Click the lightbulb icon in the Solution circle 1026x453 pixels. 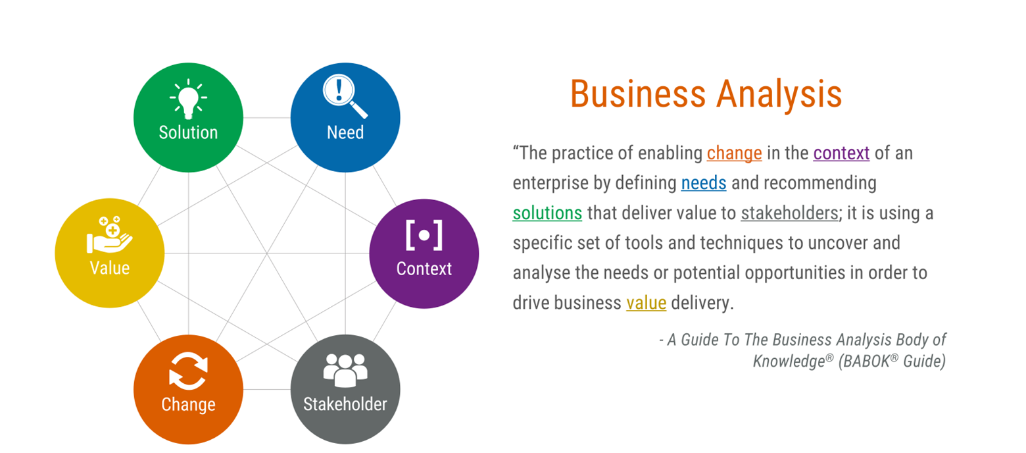pyautogui.click(x=188, y=99)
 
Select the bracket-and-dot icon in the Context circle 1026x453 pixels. pyautogui.click(x=424, y=235)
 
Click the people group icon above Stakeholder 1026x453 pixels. pyautogui.click(x=345, y=370)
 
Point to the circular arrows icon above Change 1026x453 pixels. pyautogui.click(x=188, y=371)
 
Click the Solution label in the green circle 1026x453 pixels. pyautogui.click(x=188, y=132)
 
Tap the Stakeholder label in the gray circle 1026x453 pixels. pyautogui.click(x=345, y=404)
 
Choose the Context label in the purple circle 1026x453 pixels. pyautogui.click(x=424, y=269)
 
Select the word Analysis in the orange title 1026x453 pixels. pyautogui.click(x=779, y=94)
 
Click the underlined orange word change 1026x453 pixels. pyautogui.click(x=734, y=153)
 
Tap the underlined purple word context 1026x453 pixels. pyautogui.click(x=841, y=153)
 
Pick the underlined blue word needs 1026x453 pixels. pyautogui.click(x=704, y=183)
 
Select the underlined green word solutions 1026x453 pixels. pyautogui.click(x=547, y=213)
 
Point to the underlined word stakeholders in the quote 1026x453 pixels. pyautogui.click(x=790, y=213)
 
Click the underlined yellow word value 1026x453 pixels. pyautogui.click(x=647, y=303)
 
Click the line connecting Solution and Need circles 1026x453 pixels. pyautogui.click(x=266, y=118)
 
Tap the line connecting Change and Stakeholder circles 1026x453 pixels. pyautogui.click(x=266, y=390)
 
